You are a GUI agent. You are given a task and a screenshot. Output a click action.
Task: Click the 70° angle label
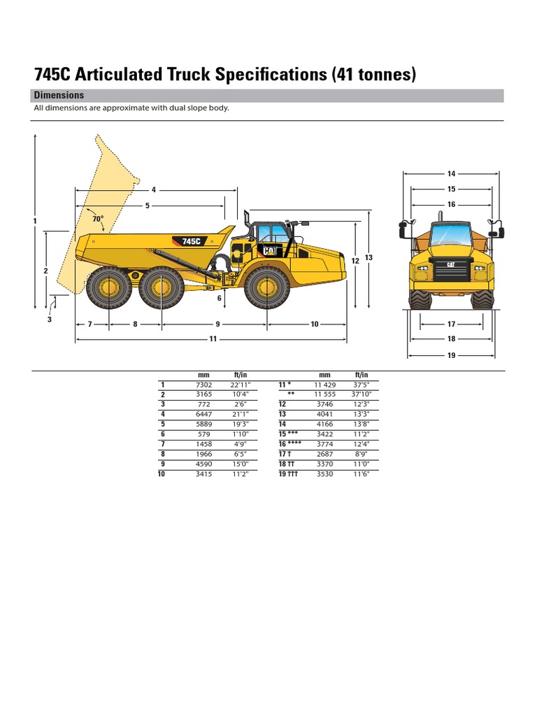point(97,219)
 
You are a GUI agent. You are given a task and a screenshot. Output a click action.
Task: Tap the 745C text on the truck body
point(191,241)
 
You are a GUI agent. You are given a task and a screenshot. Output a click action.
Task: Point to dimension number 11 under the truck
point(213,338)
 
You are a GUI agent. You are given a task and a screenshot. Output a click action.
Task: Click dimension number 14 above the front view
point(451,173)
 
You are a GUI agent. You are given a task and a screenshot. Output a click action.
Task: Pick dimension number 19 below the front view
point(451,355)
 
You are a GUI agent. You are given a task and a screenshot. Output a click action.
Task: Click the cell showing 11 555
point(324,394)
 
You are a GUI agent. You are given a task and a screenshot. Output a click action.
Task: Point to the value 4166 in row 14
point(324,424)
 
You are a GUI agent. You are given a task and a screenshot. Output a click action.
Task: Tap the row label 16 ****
point(290,444)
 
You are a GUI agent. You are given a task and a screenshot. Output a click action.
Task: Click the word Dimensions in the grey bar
point(59,95)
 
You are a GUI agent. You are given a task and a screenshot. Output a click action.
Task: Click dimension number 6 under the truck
point(219,298)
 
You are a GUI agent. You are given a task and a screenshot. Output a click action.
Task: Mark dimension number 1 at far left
point(34,221)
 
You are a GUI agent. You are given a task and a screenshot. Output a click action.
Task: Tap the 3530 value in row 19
point(324,474)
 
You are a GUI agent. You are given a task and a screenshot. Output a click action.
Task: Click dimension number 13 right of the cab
point(368,257)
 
